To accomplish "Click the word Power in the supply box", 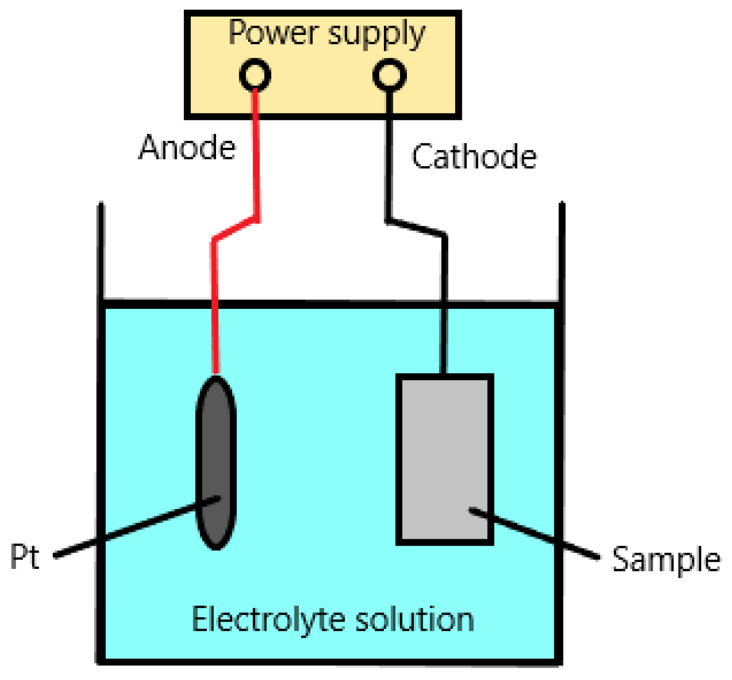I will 273,33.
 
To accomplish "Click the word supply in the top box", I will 376,35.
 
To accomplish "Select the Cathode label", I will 474,157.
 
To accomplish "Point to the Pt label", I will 24,556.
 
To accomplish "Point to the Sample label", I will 666,559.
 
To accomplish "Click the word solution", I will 414,620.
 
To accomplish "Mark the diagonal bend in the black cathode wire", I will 416,228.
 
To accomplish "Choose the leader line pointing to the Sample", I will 535,533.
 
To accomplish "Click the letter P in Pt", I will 18,556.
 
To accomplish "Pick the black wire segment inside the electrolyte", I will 443,341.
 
